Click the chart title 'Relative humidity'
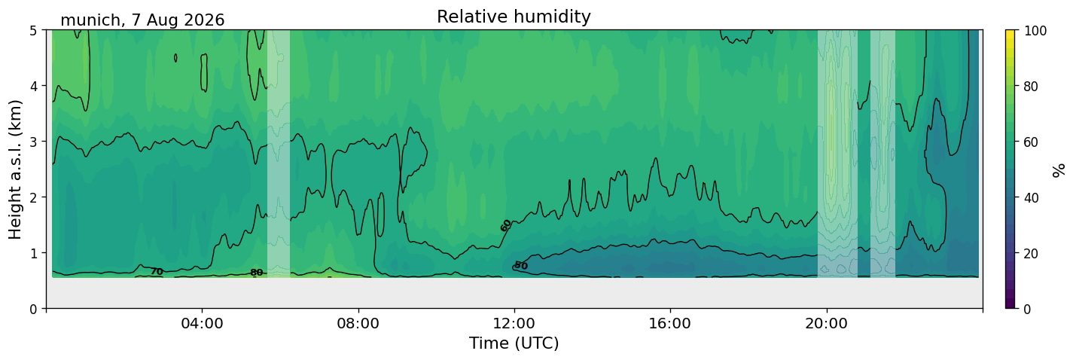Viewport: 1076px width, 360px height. [514, 17]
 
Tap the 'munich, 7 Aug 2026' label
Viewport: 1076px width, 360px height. [142, 20]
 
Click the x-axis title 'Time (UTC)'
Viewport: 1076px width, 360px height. [514, 343]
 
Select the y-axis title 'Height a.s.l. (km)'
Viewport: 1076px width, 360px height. [15, 169]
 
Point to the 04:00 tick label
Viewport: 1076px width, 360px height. [203, 323]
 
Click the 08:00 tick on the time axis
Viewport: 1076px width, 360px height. [358, 323]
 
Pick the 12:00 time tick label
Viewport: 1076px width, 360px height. [514, 323]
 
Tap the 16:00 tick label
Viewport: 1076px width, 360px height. [670, 323]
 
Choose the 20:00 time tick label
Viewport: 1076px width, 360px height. [826, 323]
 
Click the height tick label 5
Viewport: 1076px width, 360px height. [33, 31]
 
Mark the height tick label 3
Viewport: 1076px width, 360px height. [33, 142]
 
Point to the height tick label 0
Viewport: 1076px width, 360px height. [33, 309]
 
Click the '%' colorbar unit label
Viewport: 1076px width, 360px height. [1059, 170]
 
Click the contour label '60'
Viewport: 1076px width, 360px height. [505, 225]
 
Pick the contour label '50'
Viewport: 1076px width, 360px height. [521, 265]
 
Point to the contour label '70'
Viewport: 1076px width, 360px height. [157, 272]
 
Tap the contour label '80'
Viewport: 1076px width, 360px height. [257, 273]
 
